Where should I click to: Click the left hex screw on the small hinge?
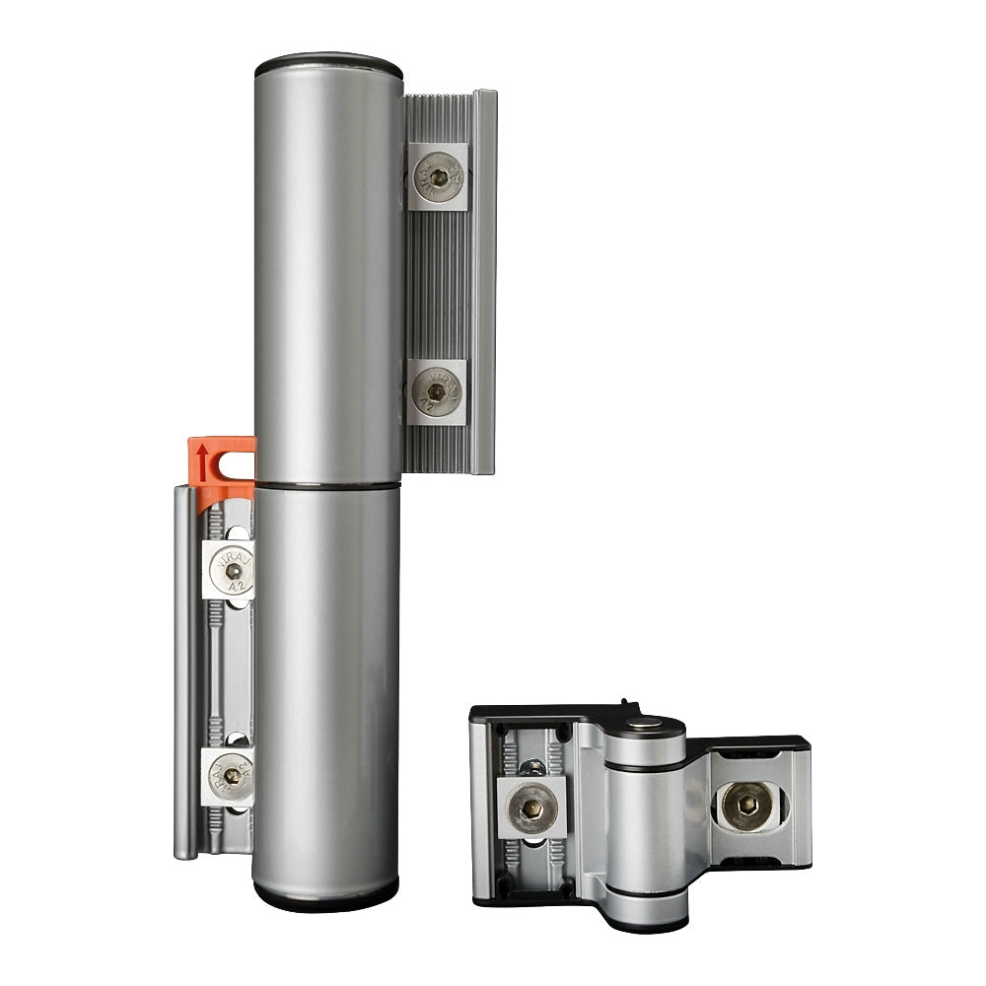(528, 807)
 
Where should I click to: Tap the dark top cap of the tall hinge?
(328, 67)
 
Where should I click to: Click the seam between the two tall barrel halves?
(326, 484)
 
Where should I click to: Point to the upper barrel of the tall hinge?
(328, 276)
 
